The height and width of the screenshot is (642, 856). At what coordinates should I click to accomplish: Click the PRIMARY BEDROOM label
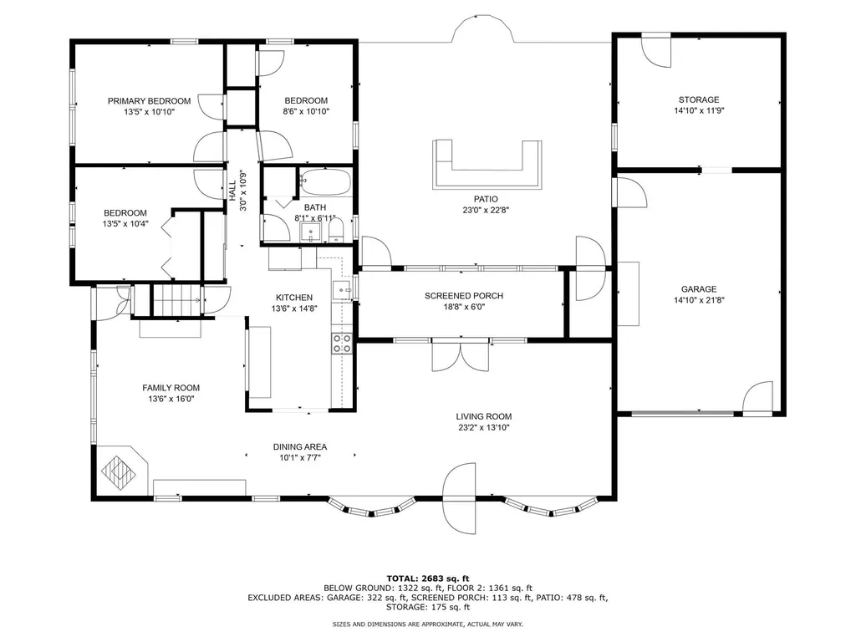click(149, 101)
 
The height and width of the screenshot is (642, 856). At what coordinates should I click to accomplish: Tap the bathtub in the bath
click(325, 181)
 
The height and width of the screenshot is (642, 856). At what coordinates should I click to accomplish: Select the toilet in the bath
click(336, 232)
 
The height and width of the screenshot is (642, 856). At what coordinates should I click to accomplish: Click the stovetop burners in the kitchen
click(342, 344)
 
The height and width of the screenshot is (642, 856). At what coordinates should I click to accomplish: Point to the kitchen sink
click(343, 290)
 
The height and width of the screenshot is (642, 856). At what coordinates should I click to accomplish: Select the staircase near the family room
click(176, 300)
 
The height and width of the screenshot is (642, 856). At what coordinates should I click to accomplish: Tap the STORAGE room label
click(699, 100)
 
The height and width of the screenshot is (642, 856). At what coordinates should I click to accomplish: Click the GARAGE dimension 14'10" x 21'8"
click(699, 300)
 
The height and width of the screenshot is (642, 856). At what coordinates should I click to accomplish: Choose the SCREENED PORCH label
click(464, 296)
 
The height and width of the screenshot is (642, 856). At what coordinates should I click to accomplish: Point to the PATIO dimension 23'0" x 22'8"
click(486, 210)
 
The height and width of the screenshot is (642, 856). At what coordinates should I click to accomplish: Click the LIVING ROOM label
click(484, 416)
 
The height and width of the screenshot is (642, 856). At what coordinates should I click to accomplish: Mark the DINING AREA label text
click(300, 447)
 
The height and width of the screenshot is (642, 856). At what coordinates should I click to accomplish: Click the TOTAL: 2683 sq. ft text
click(428, 578)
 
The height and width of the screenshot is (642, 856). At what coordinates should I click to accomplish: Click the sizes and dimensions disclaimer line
click(428, 624)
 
